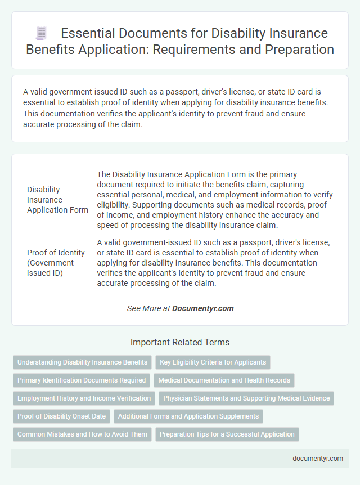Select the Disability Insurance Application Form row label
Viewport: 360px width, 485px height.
[57, 200]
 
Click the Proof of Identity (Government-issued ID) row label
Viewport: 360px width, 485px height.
[56, 262]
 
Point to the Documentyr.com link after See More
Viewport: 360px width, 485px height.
[203, 308]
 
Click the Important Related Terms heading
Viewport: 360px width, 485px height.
[179, 342]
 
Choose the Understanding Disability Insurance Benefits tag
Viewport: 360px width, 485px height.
[83, 362]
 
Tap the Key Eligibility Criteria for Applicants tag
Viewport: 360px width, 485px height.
[213, 362]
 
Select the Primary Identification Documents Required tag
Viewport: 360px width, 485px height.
[82, 380]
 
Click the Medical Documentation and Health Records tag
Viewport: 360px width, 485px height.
[224, 380]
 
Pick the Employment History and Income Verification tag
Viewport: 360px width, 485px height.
[84, 398]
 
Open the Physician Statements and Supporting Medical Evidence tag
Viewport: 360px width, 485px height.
[246, 398]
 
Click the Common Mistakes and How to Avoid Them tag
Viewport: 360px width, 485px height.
[82, 434]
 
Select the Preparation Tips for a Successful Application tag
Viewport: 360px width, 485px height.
[227, 434]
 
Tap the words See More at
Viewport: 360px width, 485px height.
[148, 308]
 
